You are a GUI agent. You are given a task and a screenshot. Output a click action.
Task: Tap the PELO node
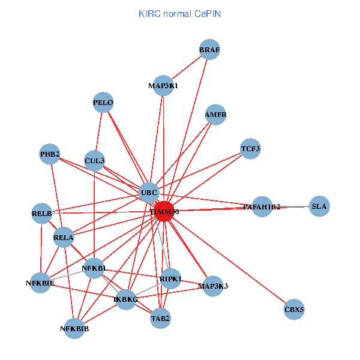point(103,103)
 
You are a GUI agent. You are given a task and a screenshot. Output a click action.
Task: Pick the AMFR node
point(215,115)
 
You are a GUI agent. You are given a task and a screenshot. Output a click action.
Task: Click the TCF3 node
point(250,148)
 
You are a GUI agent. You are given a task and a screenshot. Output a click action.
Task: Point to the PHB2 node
point(50,155)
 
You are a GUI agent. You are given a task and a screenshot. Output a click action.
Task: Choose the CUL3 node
point(95,160)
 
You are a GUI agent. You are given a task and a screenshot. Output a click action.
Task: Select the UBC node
point(149,193)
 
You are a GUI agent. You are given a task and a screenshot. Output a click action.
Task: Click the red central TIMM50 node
point(164,212)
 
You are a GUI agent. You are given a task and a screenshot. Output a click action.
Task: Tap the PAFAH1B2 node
point(262,207)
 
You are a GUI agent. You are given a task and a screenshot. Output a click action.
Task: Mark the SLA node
point(319,206)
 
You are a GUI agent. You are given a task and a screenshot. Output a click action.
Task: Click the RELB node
point(41,213)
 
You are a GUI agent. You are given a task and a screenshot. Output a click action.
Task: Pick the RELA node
point(63,238)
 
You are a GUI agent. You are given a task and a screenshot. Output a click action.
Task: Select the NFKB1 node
point(94,268)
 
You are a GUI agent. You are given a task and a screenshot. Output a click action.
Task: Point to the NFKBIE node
point(40,283)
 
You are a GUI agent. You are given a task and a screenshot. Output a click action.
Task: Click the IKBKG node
point(126,299)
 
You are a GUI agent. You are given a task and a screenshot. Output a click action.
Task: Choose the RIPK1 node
point(171,278)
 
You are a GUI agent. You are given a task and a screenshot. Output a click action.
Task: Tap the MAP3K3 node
point(213,286)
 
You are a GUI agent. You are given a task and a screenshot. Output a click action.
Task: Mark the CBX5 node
point(294,310)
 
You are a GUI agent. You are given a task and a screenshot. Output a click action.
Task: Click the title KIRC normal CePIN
point(179,13)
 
